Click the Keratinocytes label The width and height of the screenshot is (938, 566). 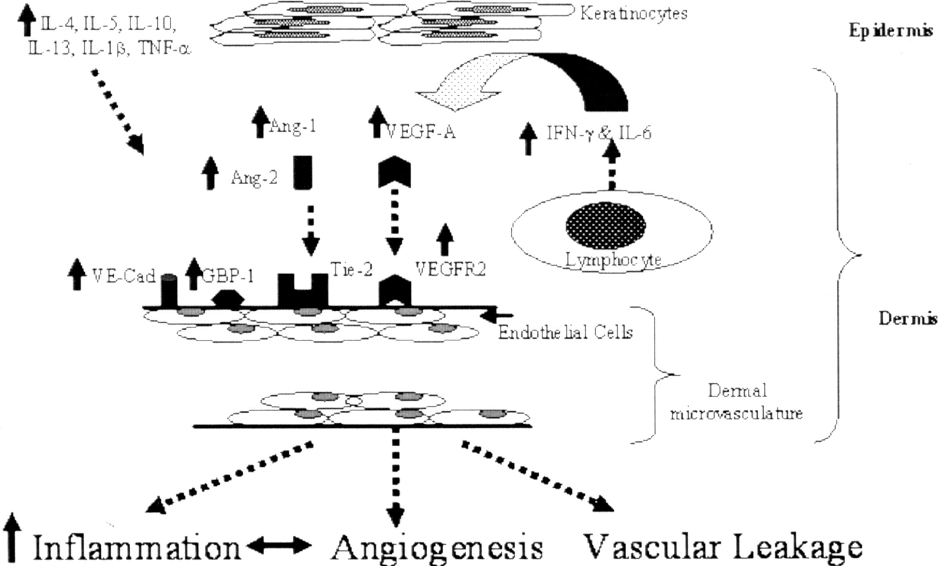634,14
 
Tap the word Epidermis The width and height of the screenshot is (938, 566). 891,31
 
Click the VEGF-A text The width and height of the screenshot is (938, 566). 421,132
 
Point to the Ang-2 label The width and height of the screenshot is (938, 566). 254,178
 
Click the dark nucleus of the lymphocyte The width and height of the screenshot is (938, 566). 605,225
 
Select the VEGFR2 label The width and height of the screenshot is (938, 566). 451,270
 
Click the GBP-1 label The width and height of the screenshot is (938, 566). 228,275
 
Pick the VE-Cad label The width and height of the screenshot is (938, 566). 123,275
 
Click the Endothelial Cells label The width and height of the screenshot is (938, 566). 565,332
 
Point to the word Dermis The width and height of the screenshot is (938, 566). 908,318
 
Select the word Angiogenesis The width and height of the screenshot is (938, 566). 437,547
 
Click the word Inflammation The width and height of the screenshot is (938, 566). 137,548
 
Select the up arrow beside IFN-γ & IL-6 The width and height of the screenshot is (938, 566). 529,139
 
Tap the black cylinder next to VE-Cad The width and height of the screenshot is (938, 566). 169,291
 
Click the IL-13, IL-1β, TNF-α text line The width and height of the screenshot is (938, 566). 109,49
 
